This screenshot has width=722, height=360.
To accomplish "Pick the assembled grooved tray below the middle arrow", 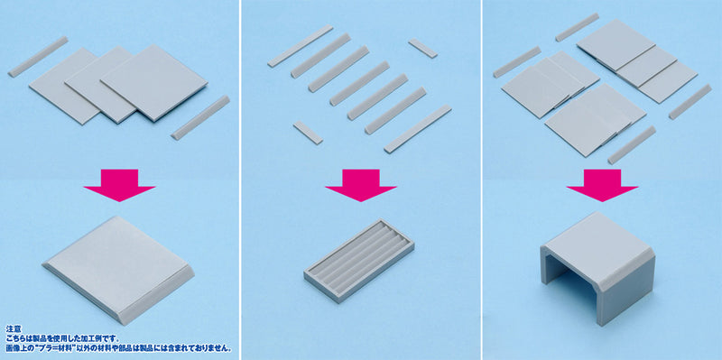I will pyautogui.click(x=359, y=263).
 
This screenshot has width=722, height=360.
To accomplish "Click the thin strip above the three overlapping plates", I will pyautogui.click(x=37, y=56).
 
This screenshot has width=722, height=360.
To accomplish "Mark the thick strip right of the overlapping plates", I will pyautogui.click(x=199, y=116).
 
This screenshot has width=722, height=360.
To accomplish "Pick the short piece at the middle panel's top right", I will pyautogui.click(x=421, y=48).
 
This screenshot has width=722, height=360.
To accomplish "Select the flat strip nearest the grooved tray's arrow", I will pyautogui.click(x=416, y=128).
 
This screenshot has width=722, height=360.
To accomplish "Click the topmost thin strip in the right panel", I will pyautogui.click(x=577, y=27).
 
